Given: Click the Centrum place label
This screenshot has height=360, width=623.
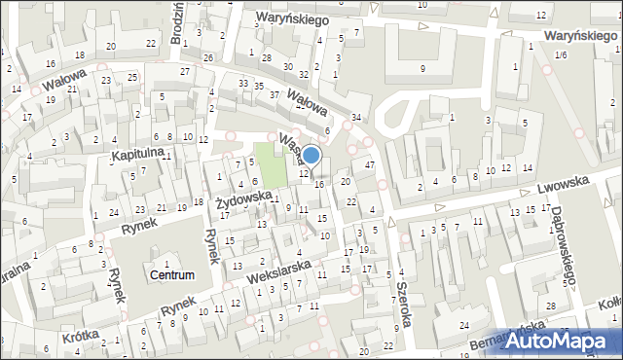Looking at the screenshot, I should tap(171, 275).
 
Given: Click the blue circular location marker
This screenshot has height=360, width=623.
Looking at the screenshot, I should tap(311, 155).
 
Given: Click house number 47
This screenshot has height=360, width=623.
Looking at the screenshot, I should tap(369, 165).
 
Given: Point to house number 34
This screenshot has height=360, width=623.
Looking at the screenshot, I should tap(356, 118).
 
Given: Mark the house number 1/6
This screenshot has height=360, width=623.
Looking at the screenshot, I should tap(560, 55).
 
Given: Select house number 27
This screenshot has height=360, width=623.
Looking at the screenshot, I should tap(184, 71).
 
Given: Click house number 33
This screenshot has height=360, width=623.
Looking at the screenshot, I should tap(242, 84).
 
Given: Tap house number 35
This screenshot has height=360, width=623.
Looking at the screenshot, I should tap(260, 86).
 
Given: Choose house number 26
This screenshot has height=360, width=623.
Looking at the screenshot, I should tap(208, 57).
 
